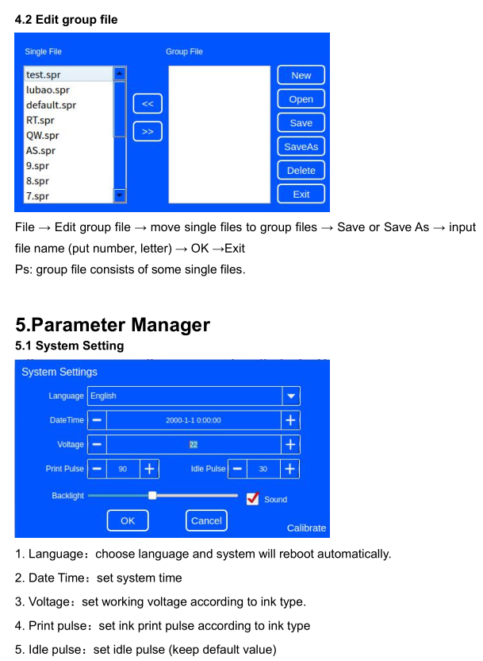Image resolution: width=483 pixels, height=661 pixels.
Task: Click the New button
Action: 301,75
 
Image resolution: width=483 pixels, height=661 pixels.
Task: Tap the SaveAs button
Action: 301,147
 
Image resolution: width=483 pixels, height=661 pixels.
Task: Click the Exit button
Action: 301,195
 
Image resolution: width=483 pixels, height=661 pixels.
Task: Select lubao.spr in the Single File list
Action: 48,90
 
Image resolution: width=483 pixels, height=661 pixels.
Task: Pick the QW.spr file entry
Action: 43,135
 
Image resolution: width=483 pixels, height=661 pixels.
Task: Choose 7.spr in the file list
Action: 37,196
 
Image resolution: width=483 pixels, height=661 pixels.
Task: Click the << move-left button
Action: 148,104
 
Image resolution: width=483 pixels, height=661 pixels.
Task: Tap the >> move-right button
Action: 148,132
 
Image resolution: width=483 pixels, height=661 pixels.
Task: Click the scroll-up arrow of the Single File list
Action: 120,74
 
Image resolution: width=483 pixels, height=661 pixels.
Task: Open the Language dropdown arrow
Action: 291,396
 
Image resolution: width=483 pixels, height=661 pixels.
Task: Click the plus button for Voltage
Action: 290,444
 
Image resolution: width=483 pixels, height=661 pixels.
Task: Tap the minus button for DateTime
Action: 97,420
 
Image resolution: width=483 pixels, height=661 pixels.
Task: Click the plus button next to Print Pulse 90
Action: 149,469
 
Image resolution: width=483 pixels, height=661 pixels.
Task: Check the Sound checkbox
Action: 252,499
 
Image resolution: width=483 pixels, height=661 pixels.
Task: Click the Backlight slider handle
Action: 152,495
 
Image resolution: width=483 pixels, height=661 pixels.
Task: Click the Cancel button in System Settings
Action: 206,520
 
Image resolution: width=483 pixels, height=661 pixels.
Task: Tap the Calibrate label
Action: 306,528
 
